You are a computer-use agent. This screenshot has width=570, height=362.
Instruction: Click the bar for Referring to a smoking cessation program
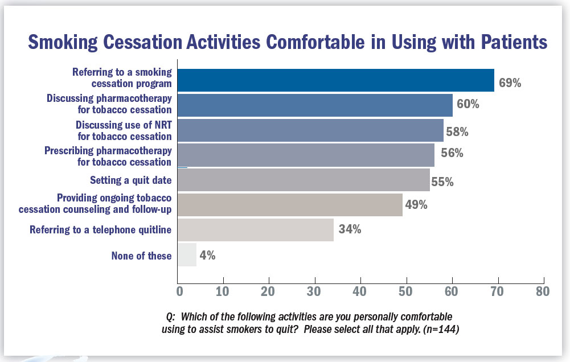click(336, 80)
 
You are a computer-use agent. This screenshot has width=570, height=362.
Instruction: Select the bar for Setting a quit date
click(304, 180)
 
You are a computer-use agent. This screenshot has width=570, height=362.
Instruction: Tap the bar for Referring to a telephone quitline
click(256, 230)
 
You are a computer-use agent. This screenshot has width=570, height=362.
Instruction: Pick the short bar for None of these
click(187, 255)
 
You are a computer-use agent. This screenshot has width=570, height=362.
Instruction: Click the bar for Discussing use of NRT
click(310, 130)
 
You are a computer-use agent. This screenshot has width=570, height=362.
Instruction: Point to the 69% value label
click(510, 83)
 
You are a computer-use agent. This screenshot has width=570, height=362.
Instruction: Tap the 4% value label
click(207, 256)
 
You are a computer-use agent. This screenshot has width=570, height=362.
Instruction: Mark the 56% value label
click(452, 153)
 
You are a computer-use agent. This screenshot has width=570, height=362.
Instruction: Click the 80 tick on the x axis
click(543, 292)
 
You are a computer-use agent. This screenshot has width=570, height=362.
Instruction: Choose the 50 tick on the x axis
click(406, 292)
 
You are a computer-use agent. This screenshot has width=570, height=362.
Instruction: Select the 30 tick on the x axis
click(315, 292)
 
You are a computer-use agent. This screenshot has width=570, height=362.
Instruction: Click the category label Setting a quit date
click(130, 180)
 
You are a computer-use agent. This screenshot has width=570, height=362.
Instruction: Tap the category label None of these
click(141, 256)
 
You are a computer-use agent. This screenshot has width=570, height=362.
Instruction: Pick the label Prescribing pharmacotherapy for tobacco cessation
click(108, 156)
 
